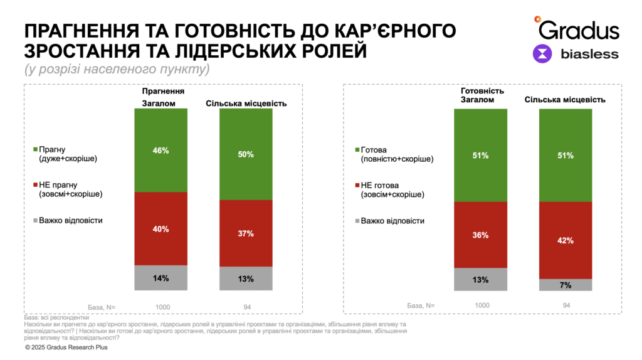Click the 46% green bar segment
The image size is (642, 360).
[161, 150]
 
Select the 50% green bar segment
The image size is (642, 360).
[246, 154]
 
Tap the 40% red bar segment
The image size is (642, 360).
[161, 228]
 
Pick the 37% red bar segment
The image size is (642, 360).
[246, 233]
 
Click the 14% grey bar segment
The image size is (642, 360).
[161, 278]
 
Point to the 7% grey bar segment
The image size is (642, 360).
[566, 285]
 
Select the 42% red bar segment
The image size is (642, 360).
[566, 240]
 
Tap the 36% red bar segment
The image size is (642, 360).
[481, 235]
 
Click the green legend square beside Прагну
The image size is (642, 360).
[36, 150]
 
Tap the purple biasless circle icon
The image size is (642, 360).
[542, 54]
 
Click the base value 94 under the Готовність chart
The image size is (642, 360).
[566, 305]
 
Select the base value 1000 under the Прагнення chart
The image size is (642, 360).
[162, 307]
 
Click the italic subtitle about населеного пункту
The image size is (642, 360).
[117, 69]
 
